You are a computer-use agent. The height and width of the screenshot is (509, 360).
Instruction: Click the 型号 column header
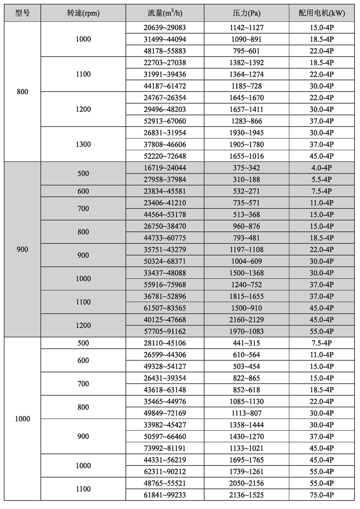click(22, 13)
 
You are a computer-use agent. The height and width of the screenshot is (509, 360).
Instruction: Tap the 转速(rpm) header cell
click(83, 13)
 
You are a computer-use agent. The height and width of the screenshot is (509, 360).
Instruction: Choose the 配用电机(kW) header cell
click(322, 13)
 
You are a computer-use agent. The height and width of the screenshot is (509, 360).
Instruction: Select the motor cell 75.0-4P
click(322, 495)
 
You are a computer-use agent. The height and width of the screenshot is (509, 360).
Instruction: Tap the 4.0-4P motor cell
click(322, 168)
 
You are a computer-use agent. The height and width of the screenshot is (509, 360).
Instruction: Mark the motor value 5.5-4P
click(322, 180)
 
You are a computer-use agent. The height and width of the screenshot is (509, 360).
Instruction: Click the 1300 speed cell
click(83, 144)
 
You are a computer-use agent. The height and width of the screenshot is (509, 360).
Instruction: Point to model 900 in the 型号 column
click(22, 249)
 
